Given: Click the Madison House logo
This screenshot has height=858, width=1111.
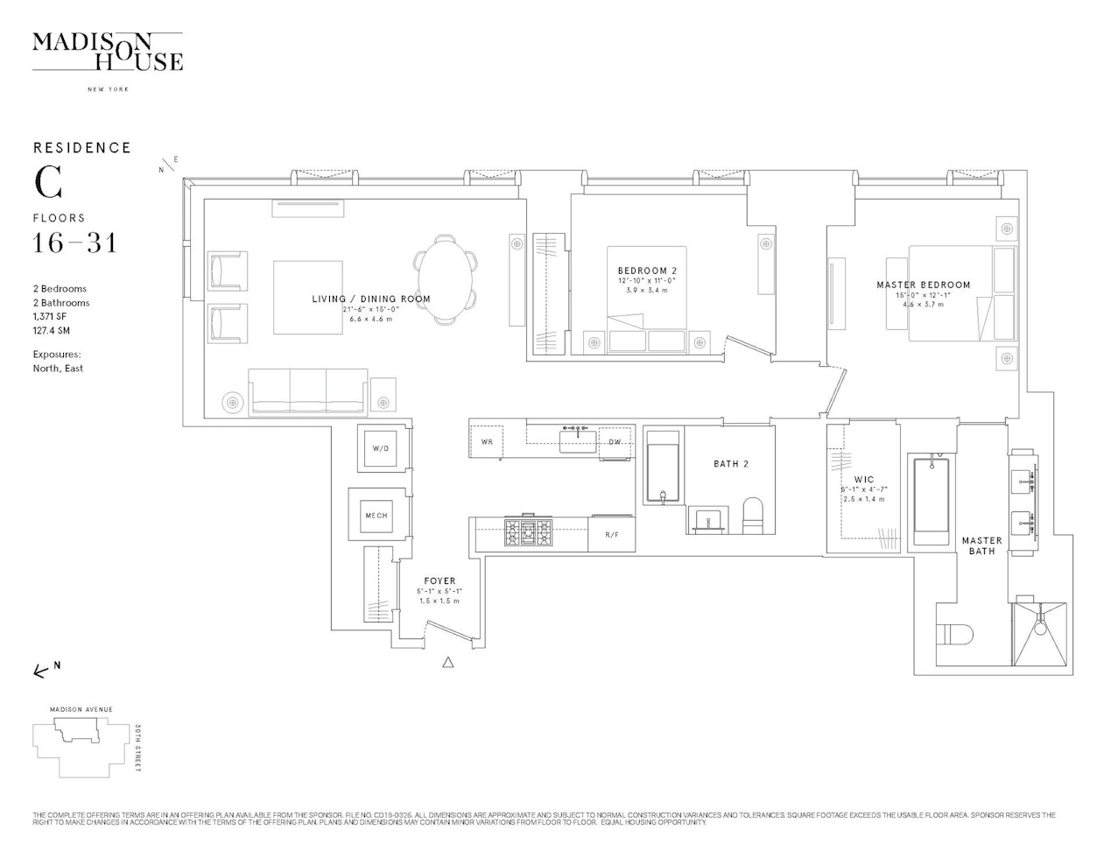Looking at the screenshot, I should (107, 53).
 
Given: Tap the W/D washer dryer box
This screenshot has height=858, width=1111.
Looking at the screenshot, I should (381, 448).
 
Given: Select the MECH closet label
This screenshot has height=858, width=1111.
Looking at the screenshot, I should (376, 516).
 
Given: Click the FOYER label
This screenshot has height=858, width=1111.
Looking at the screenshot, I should (439, 581).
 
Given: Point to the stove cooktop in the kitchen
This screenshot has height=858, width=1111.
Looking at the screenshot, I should (528, 531).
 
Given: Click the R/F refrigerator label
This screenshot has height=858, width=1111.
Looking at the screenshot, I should (612, 534).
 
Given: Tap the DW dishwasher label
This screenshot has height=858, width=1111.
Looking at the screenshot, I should (615, 442).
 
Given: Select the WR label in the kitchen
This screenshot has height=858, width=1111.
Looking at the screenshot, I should (487, 442).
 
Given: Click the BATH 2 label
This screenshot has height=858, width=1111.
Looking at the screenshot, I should (731, 464).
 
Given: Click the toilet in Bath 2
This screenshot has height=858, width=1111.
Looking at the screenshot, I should (754, 516).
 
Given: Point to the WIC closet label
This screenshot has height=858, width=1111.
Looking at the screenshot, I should (863, 480).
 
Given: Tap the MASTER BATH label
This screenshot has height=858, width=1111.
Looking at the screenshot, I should (981, 545).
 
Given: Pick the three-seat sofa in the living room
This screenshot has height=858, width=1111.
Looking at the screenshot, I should (307, 390).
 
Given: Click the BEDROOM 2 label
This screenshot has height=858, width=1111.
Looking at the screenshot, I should (647, 271).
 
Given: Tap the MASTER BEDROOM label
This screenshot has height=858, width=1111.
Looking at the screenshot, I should (923, 285).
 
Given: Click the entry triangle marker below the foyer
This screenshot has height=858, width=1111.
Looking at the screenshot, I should (448, 663).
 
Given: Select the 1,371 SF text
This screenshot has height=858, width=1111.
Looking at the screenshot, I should (50, 317).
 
